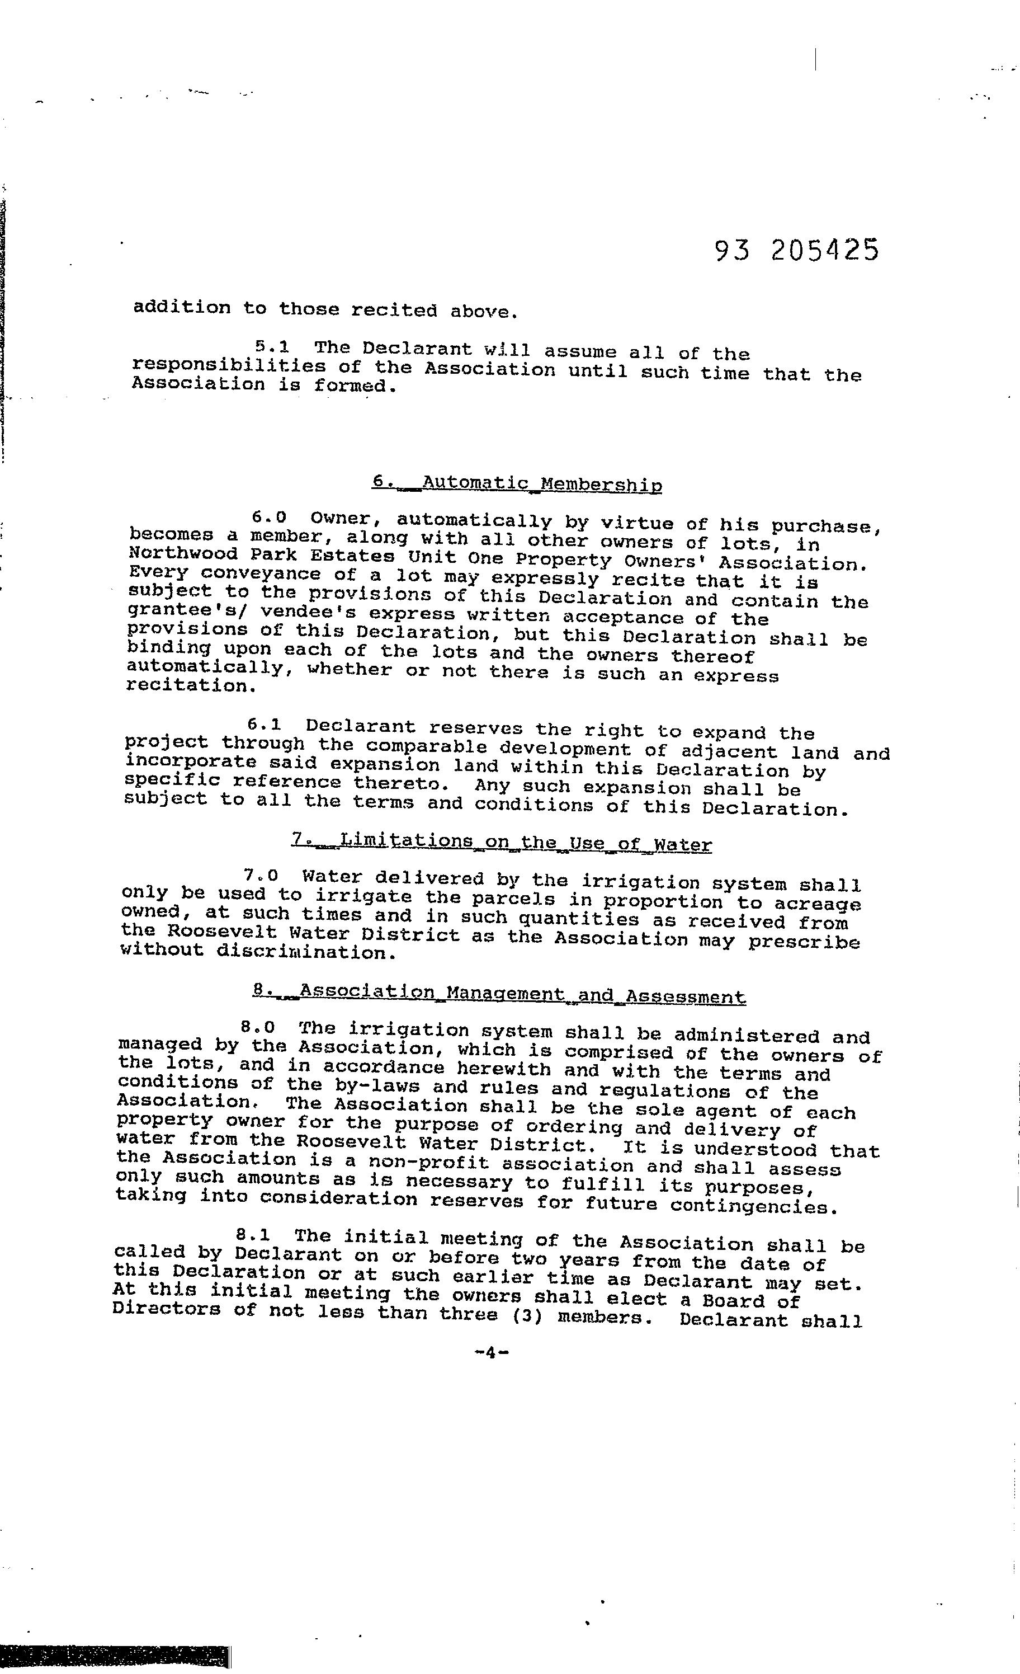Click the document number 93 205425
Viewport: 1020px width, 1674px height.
point(796,251)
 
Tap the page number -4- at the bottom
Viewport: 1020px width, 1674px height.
point(492,1352)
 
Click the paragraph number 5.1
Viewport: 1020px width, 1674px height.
point(272,347)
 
